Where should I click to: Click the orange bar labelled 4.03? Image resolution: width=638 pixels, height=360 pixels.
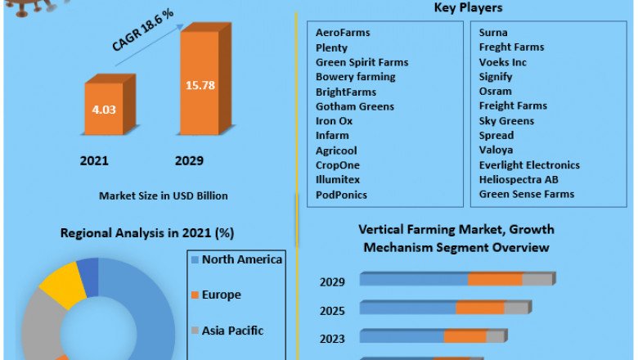click(103, 109)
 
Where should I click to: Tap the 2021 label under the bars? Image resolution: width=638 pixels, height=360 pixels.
click(94, 160)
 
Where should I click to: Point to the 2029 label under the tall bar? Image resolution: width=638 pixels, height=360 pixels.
click(189, 160)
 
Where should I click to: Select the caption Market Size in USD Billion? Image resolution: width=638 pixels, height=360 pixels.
click(164, 196)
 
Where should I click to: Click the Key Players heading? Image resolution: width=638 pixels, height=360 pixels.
click(467, 8)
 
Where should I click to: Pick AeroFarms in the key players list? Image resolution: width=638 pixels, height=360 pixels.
click(343, 33)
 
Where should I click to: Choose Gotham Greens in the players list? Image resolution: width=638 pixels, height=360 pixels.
click(354, 106)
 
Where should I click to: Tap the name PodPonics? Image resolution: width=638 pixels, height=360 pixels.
click(341, 195)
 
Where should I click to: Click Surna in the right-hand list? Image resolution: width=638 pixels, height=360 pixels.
click(493, 33)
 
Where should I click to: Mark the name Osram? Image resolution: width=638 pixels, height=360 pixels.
click(495, 92)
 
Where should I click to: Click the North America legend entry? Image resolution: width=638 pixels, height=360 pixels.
click(242, 260)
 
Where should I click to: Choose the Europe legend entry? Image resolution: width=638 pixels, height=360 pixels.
click(221, 295)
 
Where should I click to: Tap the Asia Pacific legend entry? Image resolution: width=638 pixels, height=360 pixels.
click(232, 331)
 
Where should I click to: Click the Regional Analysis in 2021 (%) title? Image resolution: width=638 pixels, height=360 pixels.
click(147, 233)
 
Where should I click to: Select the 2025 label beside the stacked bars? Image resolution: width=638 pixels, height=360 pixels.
click(332, 311)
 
